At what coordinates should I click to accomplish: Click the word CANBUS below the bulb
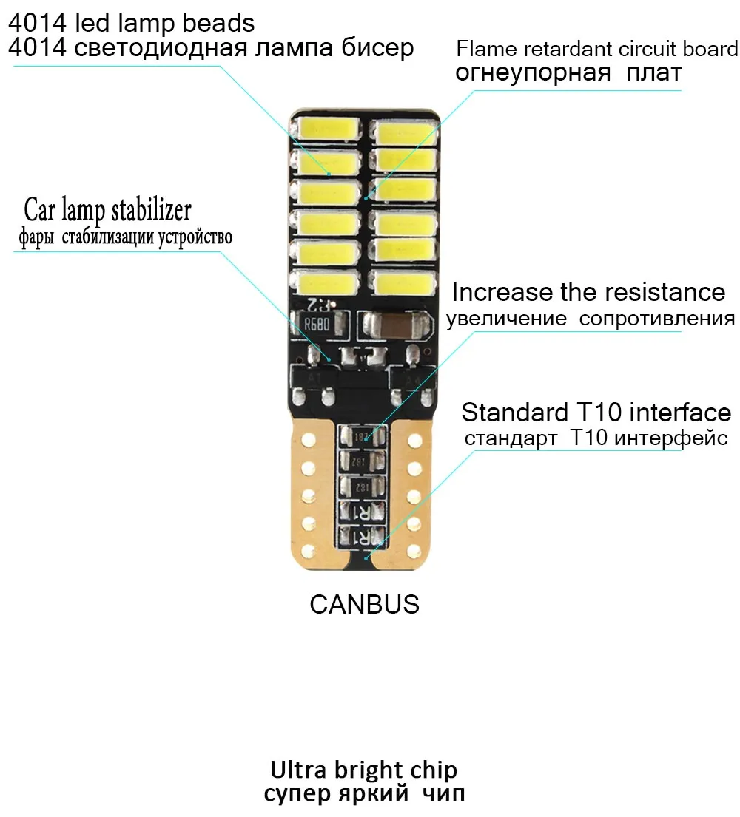[x=364, y=604]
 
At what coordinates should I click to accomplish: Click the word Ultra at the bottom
[x=296, y=770]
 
